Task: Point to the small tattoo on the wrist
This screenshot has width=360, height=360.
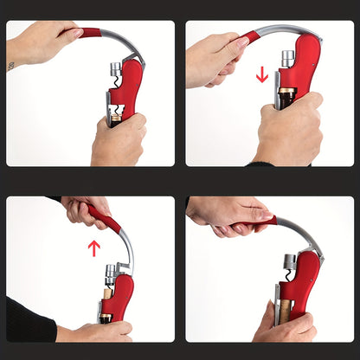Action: [11, 66]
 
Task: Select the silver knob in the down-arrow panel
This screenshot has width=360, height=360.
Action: [286, 59]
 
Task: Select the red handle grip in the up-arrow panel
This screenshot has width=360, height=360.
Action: [102, 217]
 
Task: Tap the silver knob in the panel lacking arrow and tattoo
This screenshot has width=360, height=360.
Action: [290, 261]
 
